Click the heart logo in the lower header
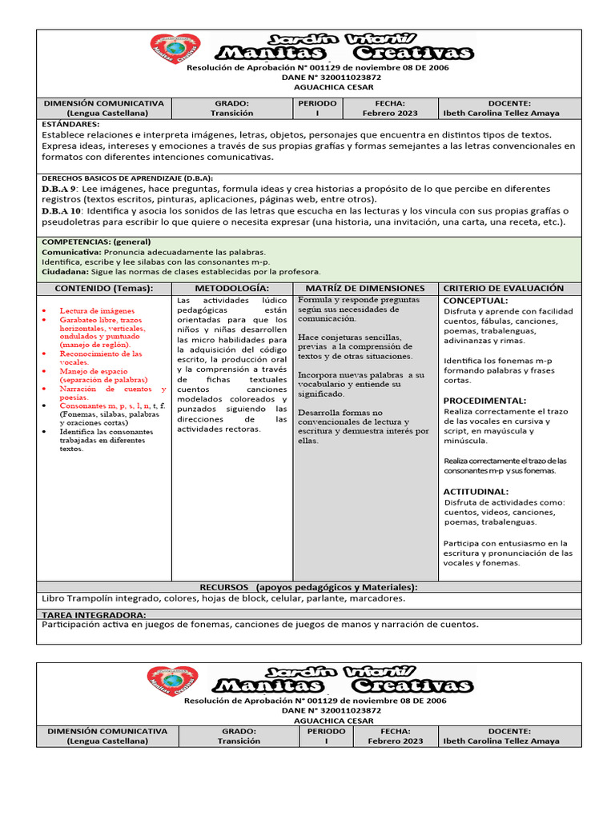pos(172,681)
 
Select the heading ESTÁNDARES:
pos(70,125)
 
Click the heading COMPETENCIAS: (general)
pos(95,242)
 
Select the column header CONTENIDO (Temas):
pos(103,288)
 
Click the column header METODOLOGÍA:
pos(232,288)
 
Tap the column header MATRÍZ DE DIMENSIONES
pos(365,288)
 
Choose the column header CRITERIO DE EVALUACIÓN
pos(503,288)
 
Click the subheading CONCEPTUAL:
pos(476,301)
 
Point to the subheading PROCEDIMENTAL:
pos(484,400)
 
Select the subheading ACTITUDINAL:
pos(476,491)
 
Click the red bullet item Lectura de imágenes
pos(97,310)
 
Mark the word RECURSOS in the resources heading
pos(224,587)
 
